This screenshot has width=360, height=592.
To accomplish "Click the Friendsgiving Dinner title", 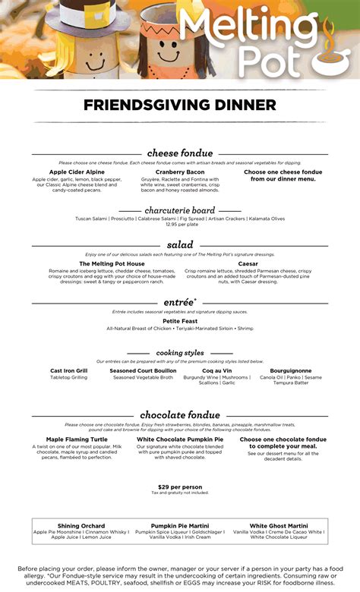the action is pos(180,105).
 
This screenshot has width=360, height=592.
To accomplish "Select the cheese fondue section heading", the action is pos(180,153).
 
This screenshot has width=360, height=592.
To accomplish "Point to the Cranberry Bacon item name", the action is pos(180,172).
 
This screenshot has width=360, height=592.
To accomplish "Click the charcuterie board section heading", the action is pos(180,210).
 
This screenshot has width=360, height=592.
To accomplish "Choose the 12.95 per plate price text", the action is pos(180,225).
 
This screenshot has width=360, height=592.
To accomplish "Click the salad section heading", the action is pos(180,245).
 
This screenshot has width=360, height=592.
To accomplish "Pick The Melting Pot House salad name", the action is pos(112,263).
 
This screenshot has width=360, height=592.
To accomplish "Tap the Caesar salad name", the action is pos(248,263).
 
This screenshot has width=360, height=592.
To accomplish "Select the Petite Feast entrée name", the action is pos(180,320).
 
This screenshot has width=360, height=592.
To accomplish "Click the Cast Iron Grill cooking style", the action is pos(69,370).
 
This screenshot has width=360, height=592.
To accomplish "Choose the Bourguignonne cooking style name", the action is pos(290,370).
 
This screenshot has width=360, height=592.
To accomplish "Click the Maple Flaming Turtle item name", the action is pos(76,439).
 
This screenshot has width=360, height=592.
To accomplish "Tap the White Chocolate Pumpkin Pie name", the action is pos(180,439).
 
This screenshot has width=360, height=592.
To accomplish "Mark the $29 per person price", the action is pos(180,487).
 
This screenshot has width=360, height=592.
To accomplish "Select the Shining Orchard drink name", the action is pos(81,525).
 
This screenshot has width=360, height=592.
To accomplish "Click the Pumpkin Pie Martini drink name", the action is pos(180,525).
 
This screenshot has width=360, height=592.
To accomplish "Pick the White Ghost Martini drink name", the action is pos(279,525).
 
